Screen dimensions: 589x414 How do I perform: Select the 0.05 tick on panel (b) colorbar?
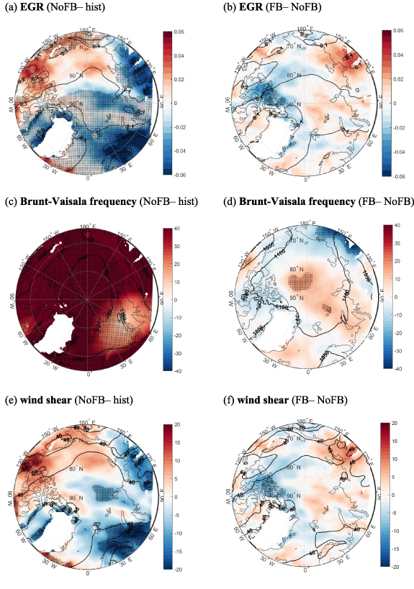[x=402, y=33]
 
